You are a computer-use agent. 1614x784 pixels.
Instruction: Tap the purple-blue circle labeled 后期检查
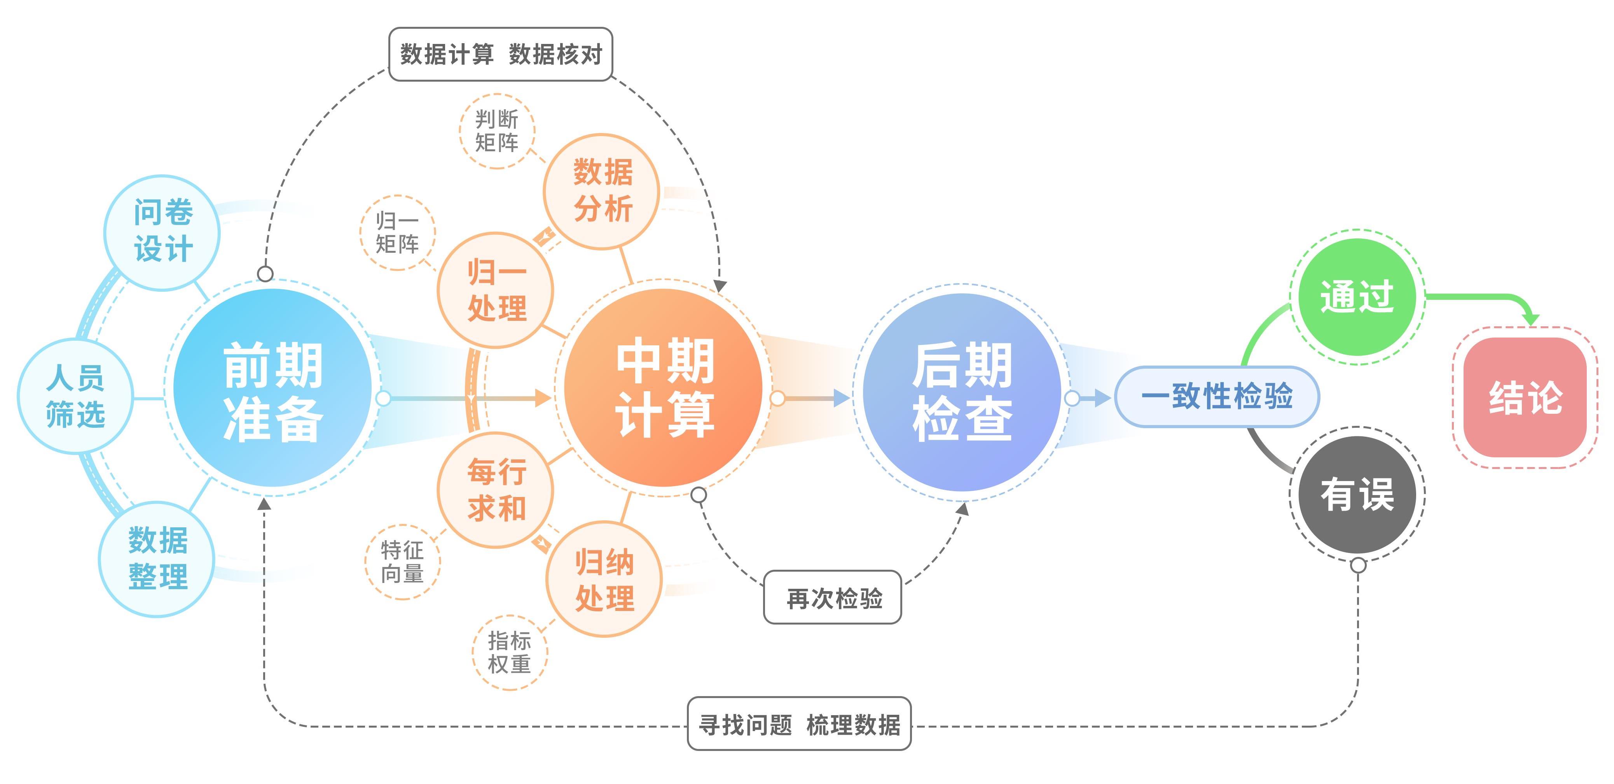tap(962, 392)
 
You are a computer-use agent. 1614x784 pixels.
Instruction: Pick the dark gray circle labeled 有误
tap(1357, 495)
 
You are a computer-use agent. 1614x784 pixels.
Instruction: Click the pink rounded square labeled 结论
tap(1525, 397)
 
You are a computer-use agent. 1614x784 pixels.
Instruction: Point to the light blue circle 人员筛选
tap(75, 396)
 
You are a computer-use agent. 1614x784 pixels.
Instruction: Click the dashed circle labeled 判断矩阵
tap(497, 131)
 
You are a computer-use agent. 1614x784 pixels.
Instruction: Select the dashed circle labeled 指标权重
tap(509, 653)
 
